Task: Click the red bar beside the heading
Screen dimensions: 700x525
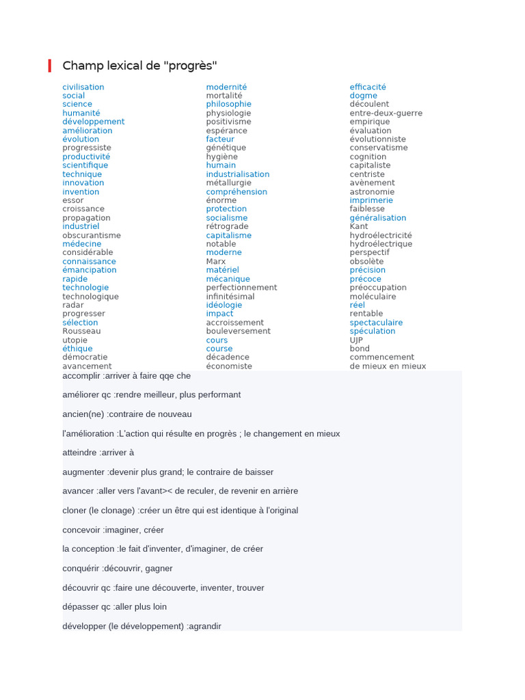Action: (50, 66)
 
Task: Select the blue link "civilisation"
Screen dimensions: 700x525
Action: (83, 87)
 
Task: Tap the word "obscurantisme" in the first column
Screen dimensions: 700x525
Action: (92, 235)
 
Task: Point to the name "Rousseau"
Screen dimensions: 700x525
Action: (81, 331)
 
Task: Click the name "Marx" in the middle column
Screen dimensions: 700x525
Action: (216, 261)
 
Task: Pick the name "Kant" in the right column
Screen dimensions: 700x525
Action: (359, 226)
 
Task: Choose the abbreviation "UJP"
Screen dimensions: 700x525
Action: (356, 340)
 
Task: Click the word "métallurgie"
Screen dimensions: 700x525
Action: (228, 183)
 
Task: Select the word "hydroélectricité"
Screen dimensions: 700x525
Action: (381, 235)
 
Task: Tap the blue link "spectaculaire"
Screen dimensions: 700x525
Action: (376, 323)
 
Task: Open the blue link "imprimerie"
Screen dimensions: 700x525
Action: (371, 200)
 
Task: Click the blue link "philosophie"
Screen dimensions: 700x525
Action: (228, 104)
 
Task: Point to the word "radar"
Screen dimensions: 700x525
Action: (73, 305)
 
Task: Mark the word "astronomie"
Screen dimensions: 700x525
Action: (372, 191)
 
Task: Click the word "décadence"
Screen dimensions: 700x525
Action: (228, 357)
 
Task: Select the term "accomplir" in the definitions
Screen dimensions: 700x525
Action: (81, 376)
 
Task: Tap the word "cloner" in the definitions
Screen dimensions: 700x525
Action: (75, 511)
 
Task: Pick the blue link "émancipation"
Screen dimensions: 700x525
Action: (90, 270)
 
